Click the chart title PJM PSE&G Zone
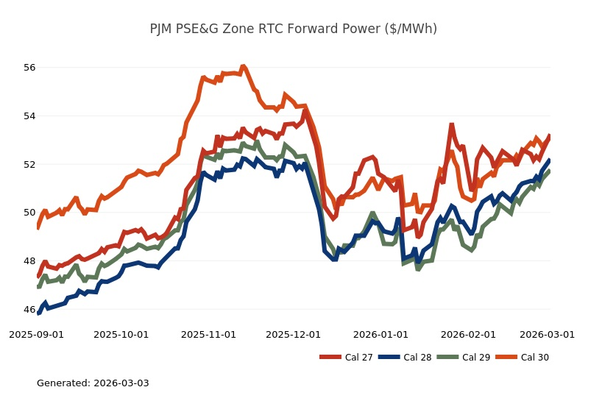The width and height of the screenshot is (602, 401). click(x=293, y=29)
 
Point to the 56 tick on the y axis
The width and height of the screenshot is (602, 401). click(x=29, y=68)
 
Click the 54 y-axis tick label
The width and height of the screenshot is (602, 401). click(x=29, y=116)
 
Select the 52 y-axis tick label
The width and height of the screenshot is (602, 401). click(x=29, y=164)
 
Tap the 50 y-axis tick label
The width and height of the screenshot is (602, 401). click(x=29, y=213)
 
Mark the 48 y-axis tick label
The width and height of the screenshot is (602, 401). click(x=29, y=261)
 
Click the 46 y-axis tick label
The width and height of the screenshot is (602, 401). click(x=29, y=310)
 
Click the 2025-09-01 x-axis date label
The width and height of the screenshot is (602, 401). click(x=36, y=334)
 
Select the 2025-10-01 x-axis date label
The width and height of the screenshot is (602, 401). click(x=121, y=334)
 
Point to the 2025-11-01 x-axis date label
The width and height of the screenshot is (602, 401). click(x=208, y=334)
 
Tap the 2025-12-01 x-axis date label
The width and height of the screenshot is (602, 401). click(x=293, y=334)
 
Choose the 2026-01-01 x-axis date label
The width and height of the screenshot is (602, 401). click(x=380, y=334)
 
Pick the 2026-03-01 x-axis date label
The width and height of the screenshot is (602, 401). click(x=547, y=334)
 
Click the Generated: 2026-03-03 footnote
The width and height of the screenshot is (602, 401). click(x=93, y=383)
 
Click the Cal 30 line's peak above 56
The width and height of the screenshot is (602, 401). click(x=243, y=66)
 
